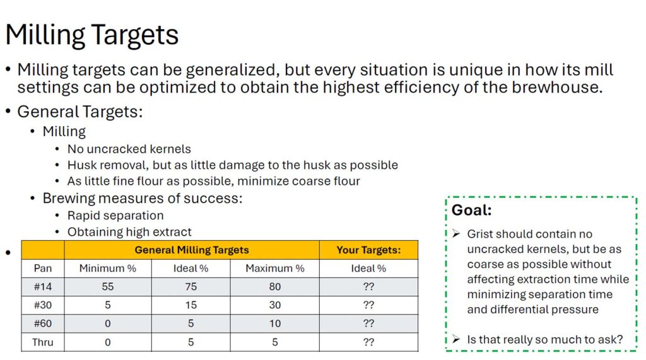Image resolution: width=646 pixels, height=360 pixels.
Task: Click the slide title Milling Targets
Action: coord(92,35)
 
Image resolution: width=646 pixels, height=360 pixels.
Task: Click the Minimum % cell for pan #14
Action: coord(107,287)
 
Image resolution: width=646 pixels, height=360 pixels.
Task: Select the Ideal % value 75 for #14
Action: coord(191,287)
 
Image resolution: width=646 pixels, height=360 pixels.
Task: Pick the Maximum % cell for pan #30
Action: coord(275,305)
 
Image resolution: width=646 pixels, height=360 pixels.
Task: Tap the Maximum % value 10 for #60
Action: coord(275,324)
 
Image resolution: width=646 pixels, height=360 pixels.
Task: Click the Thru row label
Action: coord(43,342)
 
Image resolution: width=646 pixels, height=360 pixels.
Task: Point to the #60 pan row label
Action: coord(43,324)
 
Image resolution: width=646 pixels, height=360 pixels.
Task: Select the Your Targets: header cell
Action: coord(368,250)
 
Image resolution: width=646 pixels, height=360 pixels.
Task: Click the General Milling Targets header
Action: coord(192,250)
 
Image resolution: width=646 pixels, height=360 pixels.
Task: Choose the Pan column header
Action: coord(43,269)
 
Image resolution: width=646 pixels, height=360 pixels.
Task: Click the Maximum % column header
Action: coord(275,269)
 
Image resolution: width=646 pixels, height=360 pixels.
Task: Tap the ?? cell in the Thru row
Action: coord(368,342)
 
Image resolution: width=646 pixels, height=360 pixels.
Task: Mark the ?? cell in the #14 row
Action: coord(368,287)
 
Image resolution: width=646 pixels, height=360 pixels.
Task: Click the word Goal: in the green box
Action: coord(472,210)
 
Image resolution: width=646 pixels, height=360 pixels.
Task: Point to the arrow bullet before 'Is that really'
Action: coord(456,339)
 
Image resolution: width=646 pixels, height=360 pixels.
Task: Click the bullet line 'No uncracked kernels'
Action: coord(129,149)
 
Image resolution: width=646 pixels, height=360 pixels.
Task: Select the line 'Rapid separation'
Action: coord(115,216)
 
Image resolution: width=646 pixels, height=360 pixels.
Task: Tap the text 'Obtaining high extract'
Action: coord(129,232)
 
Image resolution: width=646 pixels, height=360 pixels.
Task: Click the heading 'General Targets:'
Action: coord(80,112)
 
